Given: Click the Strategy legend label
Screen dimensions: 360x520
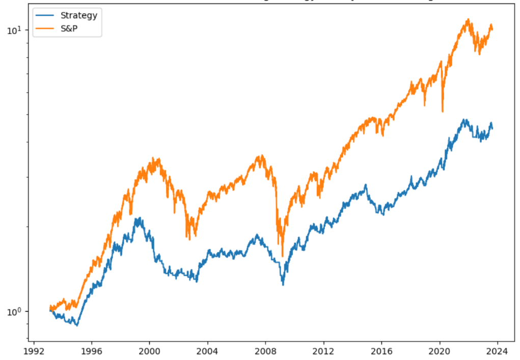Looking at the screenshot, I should coord(78,15).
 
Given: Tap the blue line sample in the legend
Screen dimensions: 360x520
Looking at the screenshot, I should coord(45,15).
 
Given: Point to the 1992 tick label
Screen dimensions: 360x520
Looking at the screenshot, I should coord(34,350).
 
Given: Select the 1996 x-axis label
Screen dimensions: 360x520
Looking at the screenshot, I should coord(92,350).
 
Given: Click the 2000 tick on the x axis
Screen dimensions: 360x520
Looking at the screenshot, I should coord(150,350).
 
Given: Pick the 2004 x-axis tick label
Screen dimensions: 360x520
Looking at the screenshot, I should coord(208,350).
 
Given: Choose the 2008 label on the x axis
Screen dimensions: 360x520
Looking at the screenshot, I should coord(266,350).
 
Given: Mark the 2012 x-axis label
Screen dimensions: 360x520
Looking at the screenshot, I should coord(324,350).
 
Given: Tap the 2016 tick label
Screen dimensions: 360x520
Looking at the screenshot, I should coord(382,350).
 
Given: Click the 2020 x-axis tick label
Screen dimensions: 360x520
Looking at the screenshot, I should coord(440,350).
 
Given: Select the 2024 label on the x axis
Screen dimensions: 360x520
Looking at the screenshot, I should coord(498,350).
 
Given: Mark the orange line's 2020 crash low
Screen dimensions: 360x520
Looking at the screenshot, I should coord(443,112).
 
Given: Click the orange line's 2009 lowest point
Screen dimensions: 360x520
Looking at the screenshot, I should coord(283,256).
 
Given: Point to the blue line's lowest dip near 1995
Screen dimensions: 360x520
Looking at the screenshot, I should coord(77,325).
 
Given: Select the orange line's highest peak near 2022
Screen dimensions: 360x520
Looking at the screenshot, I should coord(468,19).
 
